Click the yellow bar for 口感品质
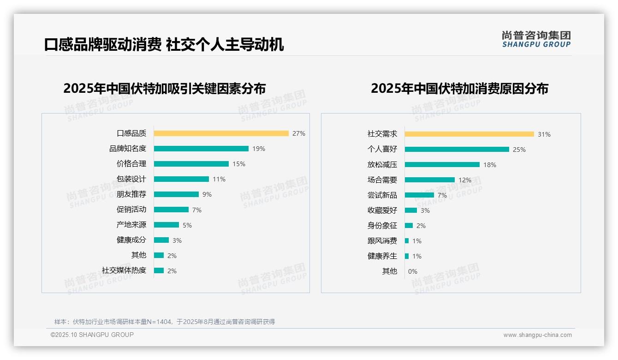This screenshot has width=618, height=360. click(x=221, y=133)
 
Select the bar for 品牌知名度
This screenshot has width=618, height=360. click(x=201, y=149)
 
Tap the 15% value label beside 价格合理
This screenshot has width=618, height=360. click(x=239, y=164)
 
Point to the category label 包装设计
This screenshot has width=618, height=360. click(x=131, y=179)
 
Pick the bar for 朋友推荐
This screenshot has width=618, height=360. click(x=176, y=194)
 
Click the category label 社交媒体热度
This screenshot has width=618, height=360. click(x=124, y=270)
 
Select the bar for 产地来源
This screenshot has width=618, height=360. click(x=166, y=225)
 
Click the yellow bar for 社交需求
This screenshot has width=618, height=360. click(x=469, y=134)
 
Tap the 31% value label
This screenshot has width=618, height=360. click(x=544, y=134)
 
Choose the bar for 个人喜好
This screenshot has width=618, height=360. click(x=457, y=150)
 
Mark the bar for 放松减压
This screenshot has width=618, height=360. click(x=442, y=165)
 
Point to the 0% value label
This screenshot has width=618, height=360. click(x=412, y=271)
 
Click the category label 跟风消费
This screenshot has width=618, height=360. click(x=382, y=241)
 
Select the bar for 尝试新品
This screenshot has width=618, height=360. click(x=419, y=195)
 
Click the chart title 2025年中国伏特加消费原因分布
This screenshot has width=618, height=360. click(x=459, y=89)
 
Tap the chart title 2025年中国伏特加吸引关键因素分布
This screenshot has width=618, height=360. click(x=164, y=89)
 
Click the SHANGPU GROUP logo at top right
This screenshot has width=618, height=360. click(x=536, y=39)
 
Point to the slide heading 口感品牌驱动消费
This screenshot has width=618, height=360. click(x=102, y=45)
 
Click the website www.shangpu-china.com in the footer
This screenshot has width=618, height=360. click(x=537, y=335)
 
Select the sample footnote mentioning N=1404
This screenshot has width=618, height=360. click(x=164, y=322)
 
